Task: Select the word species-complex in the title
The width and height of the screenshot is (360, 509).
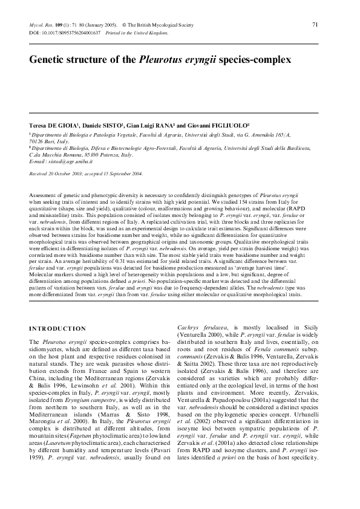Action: pyautogui.click(x=252, y=60)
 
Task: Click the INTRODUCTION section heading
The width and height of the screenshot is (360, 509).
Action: pyautogui.click(x=57, y=328)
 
